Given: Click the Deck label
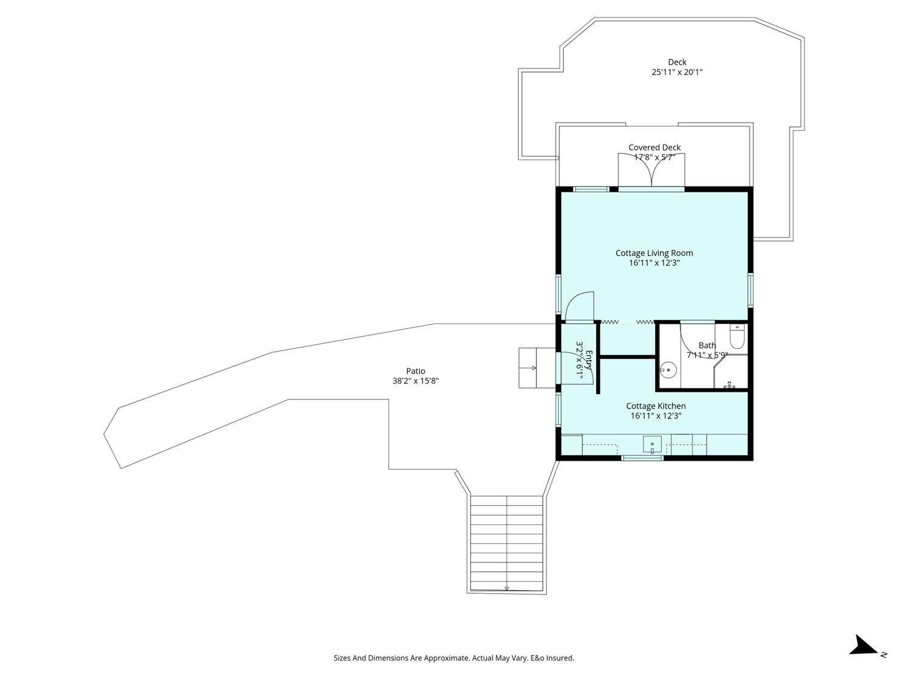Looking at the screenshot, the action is tap(677, 62).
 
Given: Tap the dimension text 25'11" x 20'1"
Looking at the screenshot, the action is tap(677, 73).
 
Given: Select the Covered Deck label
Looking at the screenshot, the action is tap(654, 147).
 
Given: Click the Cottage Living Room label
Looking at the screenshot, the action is tap(654, 253).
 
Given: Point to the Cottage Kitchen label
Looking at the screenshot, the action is tap(656, 406).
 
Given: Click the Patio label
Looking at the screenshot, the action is tap(415, 371).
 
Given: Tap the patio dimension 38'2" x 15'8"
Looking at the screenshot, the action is tap(415, 381).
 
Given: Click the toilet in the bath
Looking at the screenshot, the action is tap(737, 336).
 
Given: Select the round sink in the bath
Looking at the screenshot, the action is tap(668, 370).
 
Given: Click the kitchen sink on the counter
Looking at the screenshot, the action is tap(652, 446).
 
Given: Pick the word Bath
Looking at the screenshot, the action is tap(707, 345).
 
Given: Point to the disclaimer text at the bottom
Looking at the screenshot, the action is tap(454, 658).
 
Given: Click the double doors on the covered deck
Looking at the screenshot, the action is tap(651, 169).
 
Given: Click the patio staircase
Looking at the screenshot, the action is tap(507, 544).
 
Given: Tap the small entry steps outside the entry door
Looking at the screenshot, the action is tap(537, 367).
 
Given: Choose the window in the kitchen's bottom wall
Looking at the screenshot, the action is tap(643, 458).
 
